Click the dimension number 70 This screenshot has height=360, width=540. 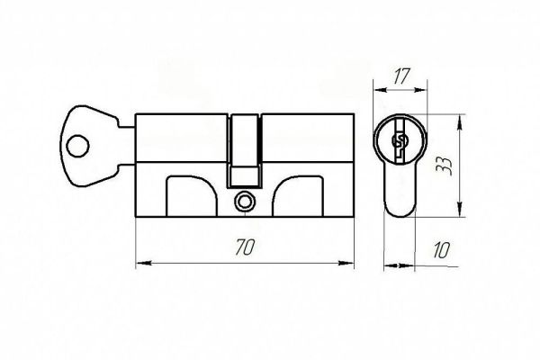245,247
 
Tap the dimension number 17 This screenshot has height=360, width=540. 400,76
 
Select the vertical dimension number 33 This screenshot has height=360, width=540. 444,166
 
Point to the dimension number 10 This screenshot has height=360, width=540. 441,250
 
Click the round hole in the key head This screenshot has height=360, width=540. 77,146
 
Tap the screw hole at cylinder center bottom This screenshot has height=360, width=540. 245,202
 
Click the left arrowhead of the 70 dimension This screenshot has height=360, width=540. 144,264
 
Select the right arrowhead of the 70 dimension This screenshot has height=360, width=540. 346,263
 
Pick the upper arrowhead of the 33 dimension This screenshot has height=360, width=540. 459,122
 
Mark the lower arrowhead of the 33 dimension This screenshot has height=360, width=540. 459,209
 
